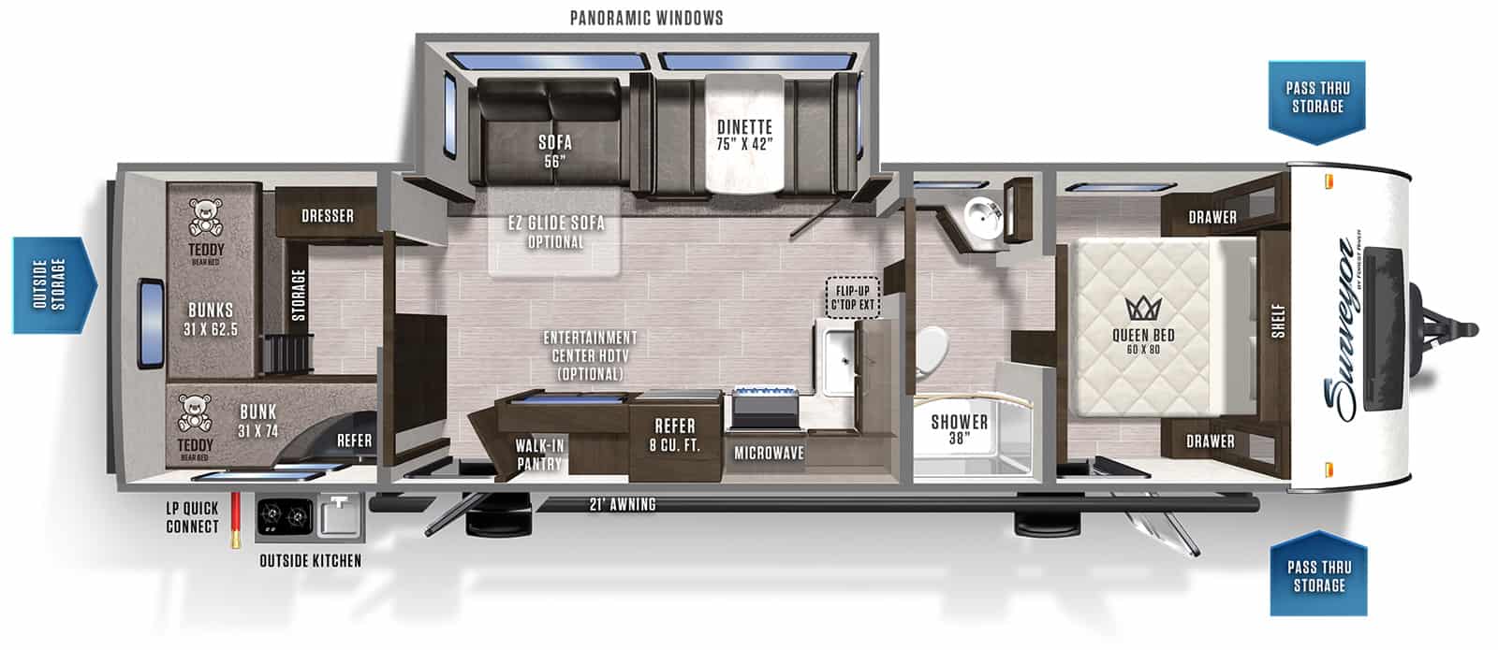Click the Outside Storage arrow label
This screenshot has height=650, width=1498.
click(53, 285)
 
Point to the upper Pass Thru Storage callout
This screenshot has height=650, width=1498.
click(1316, 98)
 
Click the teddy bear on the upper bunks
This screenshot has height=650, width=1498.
click(206, 216)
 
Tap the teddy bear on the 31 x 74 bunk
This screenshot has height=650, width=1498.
click(195, 414)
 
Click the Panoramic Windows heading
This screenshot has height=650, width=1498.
click(646, 18)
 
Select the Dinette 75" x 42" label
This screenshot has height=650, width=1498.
click(744, 136)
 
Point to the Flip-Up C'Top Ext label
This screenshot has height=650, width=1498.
click(853, 296)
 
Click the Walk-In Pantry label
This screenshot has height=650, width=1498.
click(539, 455)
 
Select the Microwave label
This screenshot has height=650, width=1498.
click(769, 453)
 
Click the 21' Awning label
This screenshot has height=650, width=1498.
click(622, 505)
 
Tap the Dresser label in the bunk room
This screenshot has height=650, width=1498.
click(328, 216)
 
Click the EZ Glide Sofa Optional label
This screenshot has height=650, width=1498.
click(555, 232)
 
